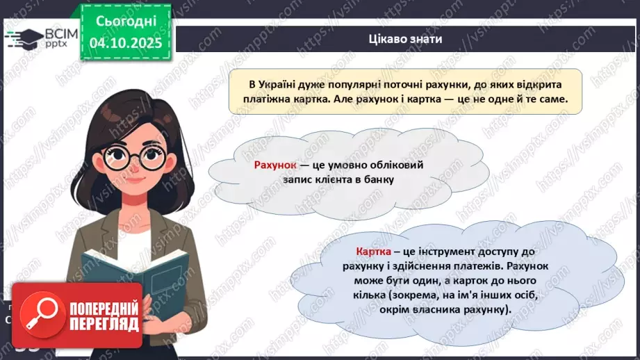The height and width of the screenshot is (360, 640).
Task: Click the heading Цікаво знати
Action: click(406, 39)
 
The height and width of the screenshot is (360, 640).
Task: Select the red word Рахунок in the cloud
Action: click(275, 165)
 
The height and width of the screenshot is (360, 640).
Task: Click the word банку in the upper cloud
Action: click(377, 180)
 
